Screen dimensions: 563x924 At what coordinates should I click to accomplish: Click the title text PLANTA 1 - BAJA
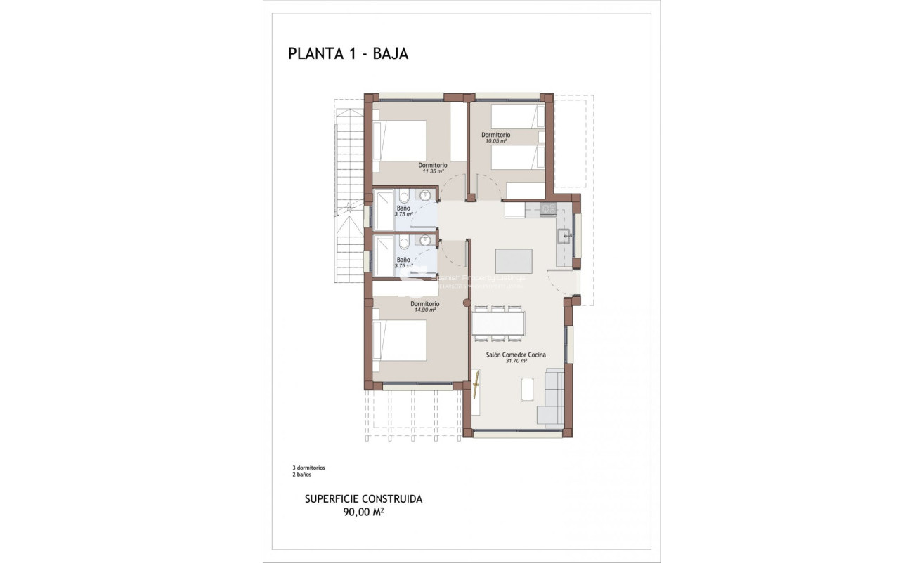[x=348, y=54]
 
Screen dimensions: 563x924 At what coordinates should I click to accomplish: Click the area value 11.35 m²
[x=433, y=171]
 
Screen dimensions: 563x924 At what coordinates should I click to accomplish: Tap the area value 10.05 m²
[x=495, y=140]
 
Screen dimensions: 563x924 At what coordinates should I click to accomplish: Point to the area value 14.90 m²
[x=425, y=310]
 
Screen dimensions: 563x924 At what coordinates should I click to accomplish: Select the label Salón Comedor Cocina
[x=516, y=355]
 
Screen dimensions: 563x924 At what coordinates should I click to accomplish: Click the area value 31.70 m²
[x=516, y=362]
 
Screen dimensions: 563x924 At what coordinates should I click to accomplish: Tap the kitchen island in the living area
[x=514, y=260]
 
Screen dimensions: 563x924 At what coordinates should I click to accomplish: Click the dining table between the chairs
[x=498, y=324]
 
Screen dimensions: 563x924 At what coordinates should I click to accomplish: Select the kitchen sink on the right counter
[x=564, y=237]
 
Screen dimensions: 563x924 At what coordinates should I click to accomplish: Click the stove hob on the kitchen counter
[x=548, y=208]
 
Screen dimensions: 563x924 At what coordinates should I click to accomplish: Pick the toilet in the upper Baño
[x=404, y=198]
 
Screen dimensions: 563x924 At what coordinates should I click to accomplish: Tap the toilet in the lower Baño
[x=404, y=244]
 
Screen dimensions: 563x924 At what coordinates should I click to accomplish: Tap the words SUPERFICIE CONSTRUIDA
[x=363, y=499]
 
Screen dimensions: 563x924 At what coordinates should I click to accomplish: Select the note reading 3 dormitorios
[x=308, y=468]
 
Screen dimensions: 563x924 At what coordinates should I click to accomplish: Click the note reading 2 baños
[x=302, y=475]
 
